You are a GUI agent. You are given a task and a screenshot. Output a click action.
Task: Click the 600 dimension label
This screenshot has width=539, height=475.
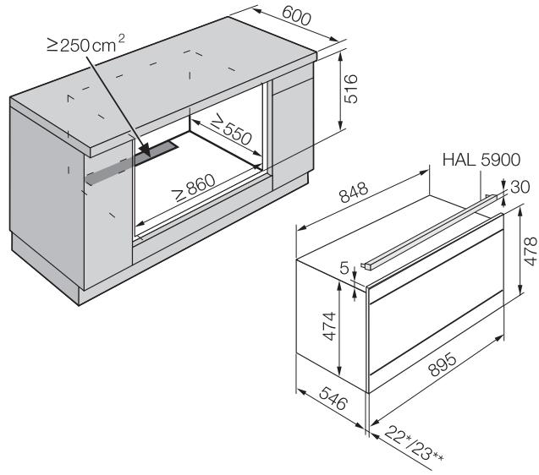coord(296,16)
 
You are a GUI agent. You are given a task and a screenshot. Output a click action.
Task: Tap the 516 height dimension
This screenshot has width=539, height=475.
coord(351,89)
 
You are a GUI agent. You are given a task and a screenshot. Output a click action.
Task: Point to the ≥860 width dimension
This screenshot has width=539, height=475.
coord(195,187)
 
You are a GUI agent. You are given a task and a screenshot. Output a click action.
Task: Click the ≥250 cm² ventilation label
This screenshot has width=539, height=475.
coord(85,44)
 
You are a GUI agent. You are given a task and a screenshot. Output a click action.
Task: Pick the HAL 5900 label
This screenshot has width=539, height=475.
coord(481,160)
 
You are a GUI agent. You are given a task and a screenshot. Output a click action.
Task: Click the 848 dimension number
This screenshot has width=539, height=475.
coord(354,193)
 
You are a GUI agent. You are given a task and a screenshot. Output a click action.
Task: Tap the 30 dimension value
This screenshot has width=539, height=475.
coord(520,187)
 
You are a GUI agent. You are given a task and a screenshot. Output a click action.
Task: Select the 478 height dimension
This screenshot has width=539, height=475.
coord(531,251)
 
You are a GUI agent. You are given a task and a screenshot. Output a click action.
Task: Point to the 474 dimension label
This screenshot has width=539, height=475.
coord(329,326)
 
